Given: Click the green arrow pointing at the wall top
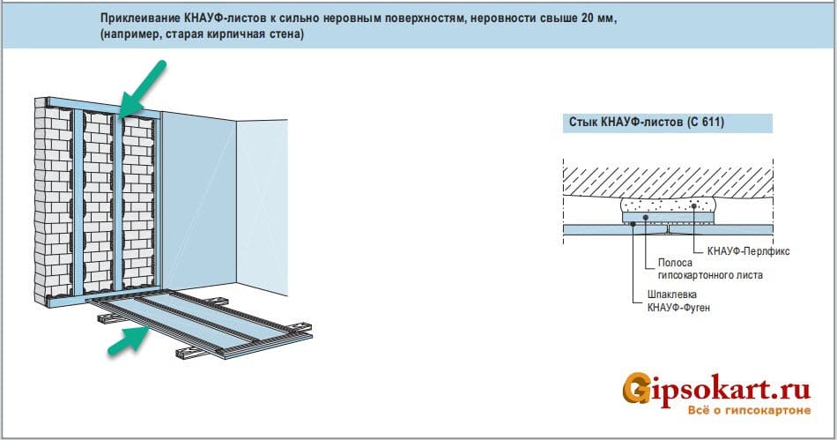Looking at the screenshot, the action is tap(143, 89).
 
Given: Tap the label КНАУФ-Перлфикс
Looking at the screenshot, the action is tap(748, 251).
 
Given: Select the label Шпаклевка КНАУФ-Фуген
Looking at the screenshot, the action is tap(678, 301).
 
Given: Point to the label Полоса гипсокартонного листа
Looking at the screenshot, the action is tap(710, 269).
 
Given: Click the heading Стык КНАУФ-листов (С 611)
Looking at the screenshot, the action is tap(647, 123).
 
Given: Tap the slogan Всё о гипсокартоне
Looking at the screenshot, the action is tap(749, 411).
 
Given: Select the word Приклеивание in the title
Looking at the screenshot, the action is tap(140, 19).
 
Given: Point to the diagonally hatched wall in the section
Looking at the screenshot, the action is tap(669, 183).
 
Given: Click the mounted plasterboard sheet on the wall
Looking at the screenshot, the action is tap(198, 203).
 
